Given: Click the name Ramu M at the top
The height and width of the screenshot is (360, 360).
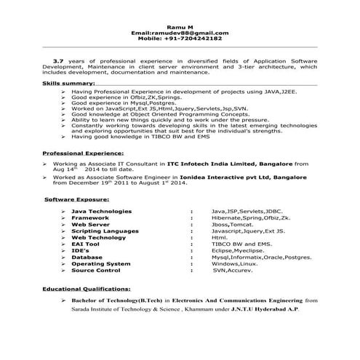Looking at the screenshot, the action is click(x=180, y=25).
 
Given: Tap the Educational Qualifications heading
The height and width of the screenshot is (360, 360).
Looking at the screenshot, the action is click(x=88, y=289).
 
